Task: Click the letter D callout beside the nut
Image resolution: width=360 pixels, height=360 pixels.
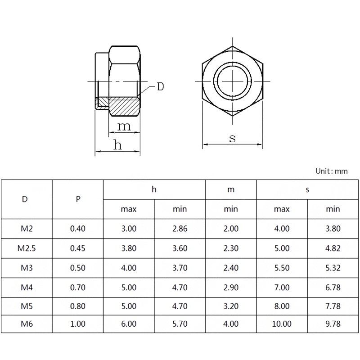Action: pos(161,87)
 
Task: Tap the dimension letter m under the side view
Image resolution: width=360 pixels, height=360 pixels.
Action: pos(124,126)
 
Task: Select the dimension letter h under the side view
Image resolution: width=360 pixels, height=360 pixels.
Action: pos(117,144)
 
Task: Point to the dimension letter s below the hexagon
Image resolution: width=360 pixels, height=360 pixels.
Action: pos(232,139)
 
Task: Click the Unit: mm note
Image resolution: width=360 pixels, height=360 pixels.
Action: pos(332,171)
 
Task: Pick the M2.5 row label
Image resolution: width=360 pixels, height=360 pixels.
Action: pos(27,248)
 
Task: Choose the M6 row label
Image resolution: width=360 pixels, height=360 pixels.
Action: pos(27,324)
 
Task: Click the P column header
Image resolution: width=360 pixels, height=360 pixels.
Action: pos(78,199)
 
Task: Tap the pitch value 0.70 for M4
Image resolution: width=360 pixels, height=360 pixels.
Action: pos(77,288)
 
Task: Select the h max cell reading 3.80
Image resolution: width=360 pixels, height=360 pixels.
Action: pos(129,248)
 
